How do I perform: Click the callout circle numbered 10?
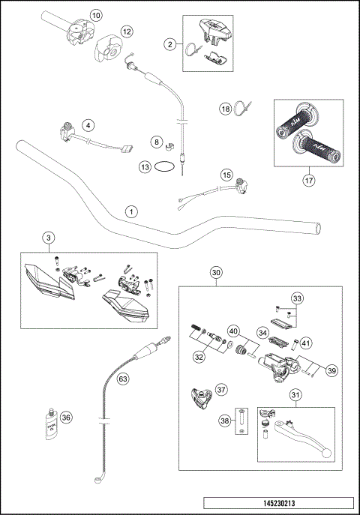[x=95, y=15]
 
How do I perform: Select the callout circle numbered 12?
[x=126, y=31]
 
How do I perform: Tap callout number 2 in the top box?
[x=170, y=45]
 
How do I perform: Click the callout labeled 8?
[x=156, y=141]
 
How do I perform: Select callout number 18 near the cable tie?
[x=224, y=109]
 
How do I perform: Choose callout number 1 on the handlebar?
[x=131, y=212]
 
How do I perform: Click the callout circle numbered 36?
[x=66, y=418]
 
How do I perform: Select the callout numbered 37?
[x=221, y=389]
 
